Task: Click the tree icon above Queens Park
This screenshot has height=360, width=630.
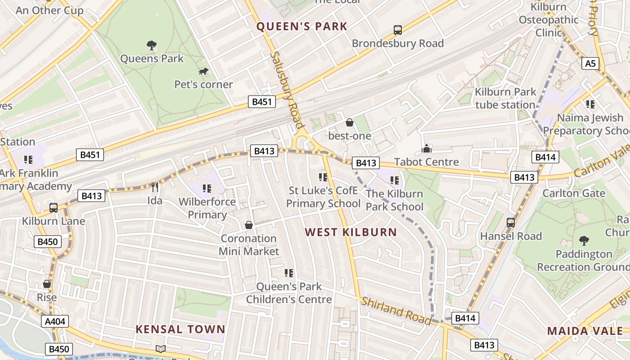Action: [x=152, y=45]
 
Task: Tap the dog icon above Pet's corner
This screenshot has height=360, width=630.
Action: [x=203, y=72]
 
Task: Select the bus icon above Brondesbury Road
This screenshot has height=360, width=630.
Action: [x=398, y=30]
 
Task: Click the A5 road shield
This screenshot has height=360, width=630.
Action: [x=590, y=63]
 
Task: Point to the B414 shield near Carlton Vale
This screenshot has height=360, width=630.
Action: [x=545, y=157]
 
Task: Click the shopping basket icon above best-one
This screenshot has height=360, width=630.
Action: [x=350, y=122]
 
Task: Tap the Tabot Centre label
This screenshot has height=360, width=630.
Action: [x=426, y=162]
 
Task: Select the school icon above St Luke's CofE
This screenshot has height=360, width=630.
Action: [x=323, y=177]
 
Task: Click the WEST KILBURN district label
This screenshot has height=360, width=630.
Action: [x=351, y=232]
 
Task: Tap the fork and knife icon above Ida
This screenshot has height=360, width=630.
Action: [x=155, y=187]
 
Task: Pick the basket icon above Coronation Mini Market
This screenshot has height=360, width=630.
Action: [x=248, y=225]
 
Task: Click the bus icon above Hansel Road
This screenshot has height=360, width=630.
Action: [x=511, y=222]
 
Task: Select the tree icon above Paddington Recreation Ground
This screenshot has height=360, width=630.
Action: [x=584, y=240]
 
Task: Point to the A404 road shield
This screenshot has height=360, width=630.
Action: [x=56, y=321]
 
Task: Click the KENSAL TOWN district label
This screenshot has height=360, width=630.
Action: [x=180, y=329]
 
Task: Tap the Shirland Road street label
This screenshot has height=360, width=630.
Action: [x=396, y=311]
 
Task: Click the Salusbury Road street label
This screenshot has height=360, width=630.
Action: [x=288, y=90]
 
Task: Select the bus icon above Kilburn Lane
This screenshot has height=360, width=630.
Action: [x=54, y=207]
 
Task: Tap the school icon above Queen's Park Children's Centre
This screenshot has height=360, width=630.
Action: [x=289, y=273]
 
